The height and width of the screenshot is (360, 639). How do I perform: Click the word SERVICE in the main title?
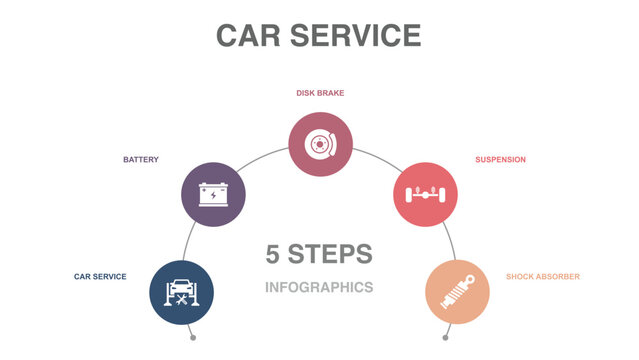tap(354, 35)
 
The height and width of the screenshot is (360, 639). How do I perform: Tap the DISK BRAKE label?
tap(320, 93)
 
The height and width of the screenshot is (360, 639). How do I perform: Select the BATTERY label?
tap(141, 159)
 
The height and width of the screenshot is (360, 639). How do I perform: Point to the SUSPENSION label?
tap(500, 159)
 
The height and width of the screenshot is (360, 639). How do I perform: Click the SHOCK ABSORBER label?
tap(542, 276)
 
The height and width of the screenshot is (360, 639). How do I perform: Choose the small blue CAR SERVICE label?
tap(100, 276)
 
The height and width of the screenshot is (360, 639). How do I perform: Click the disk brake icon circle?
tap(320, 144)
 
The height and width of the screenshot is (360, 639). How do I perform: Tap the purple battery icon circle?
tap(213, 193)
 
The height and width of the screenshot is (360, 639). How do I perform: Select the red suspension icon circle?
tap(425, 193)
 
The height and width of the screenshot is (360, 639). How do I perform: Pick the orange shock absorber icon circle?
tap(457, 292)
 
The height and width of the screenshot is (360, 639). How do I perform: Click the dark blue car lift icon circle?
tap(181, 292)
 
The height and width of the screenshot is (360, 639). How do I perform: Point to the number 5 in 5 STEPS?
tap(273, 254)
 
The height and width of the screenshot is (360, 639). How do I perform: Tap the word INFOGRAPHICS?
tap(319, 287)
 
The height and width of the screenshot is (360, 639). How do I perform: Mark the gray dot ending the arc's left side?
tap(193, 338)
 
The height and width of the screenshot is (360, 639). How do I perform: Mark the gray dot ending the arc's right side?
tap(446, 338)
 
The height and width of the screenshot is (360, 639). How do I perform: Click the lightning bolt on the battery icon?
tap(213, 195)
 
